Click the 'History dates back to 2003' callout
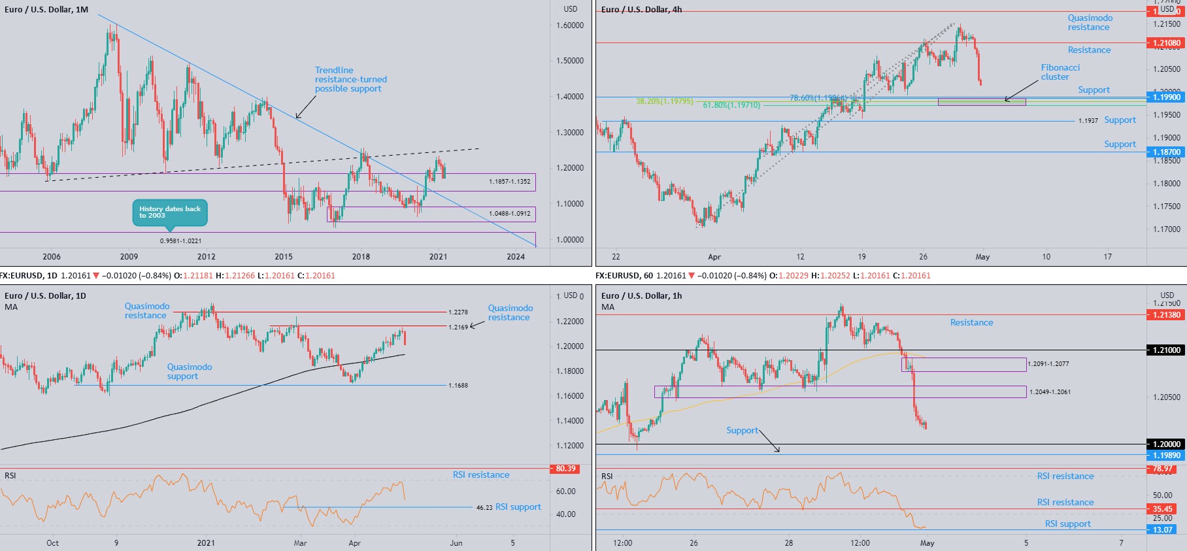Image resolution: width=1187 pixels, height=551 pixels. pos(170,212)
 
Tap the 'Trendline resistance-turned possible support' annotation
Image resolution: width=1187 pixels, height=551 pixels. pos(350,79)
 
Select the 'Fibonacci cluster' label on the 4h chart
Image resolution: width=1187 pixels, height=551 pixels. pos(1060,72)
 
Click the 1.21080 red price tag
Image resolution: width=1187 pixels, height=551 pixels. pos(1166,43)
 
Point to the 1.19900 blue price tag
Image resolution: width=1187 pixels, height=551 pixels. pos(1166,97)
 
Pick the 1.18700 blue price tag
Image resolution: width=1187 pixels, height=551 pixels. pos(1166,152)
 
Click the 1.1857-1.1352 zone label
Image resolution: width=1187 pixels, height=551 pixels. pos(509,181)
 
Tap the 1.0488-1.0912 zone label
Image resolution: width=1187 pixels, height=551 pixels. pos(509,213)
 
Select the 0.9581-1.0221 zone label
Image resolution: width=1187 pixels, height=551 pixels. pos(180,241)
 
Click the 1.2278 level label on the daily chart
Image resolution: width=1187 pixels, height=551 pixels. pos(458,312)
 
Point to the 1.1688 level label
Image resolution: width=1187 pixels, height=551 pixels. pos(458,386)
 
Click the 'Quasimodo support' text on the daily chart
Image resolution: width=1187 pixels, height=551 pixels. pos(189,371)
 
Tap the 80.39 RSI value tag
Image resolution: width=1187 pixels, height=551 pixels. pos(565,469)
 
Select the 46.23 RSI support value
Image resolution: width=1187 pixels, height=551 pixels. pos(484,507)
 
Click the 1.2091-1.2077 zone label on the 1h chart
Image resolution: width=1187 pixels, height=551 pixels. pos(1048,363)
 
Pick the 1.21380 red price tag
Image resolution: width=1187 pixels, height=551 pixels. pos(1166,314)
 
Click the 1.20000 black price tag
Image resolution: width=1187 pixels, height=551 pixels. pos(1166,444)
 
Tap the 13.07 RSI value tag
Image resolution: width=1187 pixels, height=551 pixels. pos(1162,529)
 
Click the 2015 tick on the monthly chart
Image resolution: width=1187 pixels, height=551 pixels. pos(284,256)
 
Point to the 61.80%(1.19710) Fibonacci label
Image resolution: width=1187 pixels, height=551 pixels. pos(731,105)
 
